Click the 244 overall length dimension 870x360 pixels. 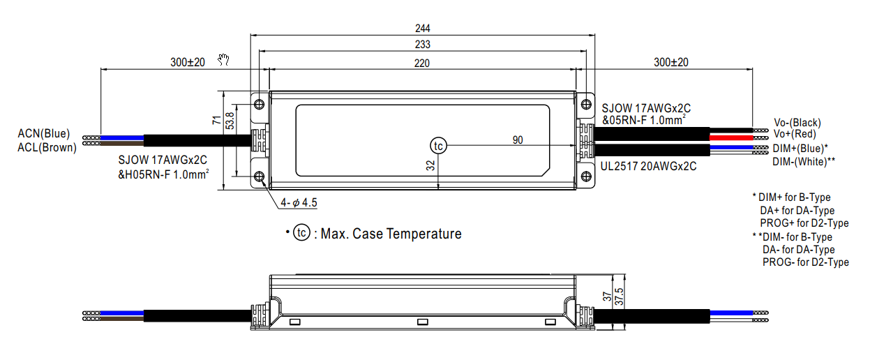pos(422,29)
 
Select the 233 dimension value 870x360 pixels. pos(422,45)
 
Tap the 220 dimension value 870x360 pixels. pos(422,62)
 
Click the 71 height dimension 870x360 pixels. pos(216,121)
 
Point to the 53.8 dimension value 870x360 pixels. pos(229,122)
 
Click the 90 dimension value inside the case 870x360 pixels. pos(518,140)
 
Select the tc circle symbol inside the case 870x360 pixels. pos(438,145)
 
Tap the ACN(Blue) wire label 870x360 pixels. pos(44,133)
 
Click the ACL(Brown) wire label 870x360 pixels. pos(47,147)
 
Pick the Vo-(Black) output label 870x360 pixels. pos(797,122)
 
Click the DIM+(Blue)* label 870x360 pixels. pos(800,148)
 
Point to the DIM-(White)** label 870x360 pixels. pos(804,161)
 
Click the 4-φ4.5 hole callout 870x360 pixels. pos(299,203)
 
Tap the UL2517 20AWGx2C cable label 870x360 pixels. pos(649,167)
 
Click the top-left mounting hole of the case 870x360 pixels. pos(260,104)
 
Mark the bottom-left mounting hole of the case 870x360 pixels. pos(260,177)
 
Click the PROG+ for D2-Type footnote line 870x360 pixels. pos(804,223)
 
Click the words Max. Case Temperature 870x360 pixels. pos(391,234)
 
